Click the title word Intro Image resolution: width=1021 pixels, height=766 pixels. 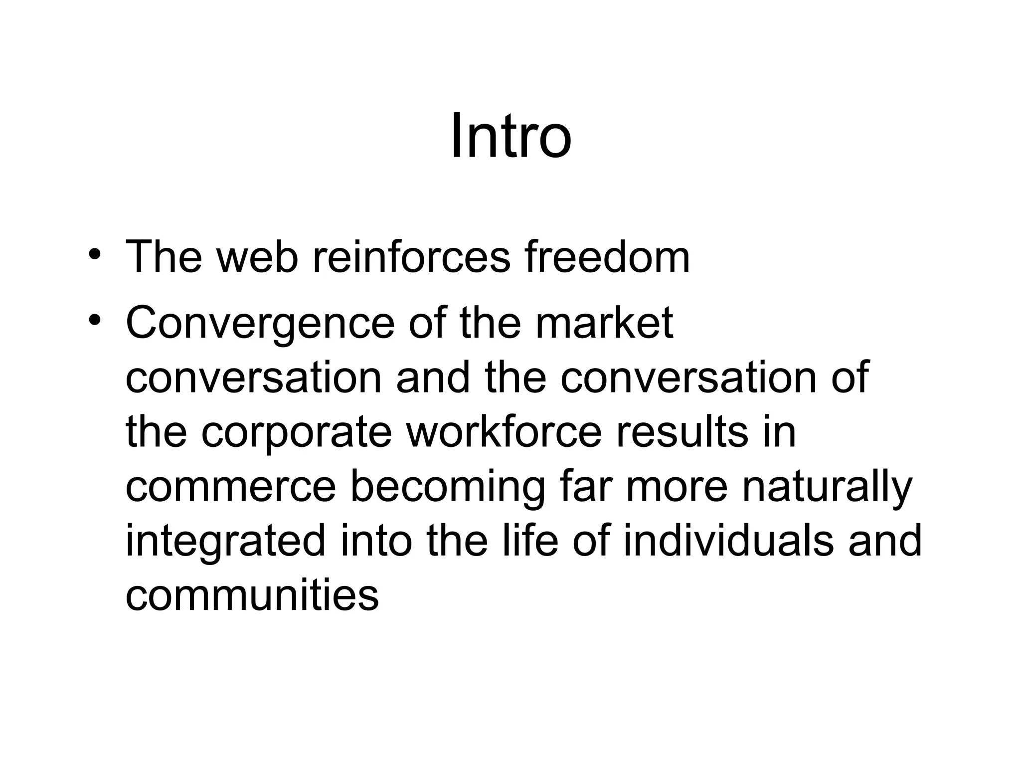[x=510, y=136]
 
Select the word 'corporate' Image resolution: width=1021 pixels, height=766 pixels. [x=297, y=433]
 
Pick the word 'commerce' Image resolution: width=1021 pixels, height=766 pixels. [x=231, y=487]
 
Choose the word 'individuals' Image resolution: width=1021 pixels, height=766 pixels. [x=728, y=541]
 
